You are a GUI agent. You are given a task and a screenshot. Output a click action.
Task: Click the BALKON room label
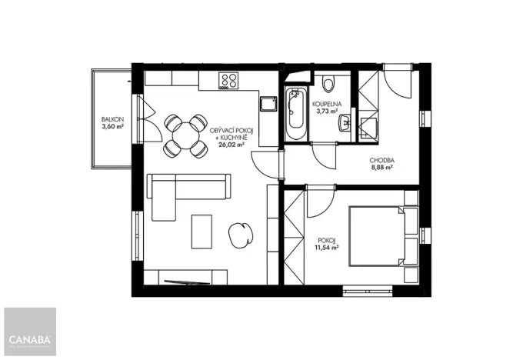tap(112, 119)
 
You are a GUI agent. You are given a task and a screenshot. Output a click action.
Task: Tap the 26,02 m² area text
tap(232, 144)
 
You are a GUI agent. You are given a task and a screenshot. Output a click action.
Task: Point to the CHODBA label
tap(381, 160)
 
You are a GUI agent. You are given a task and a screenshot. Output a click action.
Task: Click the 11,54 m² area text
tap(327, 248)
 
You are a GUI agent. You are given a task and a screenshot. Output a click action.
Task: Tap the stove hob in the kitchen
tap(228, 79)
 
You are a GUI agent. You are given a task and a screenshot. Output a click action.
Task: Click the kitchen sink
tap(268, 105)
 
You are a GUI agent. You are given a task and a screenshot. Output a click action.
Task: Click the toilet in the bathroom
tap(328, 82)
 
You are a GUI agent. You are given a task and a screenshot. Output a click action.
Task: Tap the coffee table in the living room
tap(202, 229)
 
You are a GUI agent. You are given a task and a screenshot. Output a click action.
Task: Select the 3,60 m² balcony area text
tap(112, 127)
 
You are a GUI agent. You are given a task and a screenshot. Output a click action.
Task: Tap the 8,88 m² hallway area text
tap(381, 168)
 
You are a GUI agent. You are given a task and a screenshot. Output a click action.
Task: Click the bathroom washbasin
tap(346, 122)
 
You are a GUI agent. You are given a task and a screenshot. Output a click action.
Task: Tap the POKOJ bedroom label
tap(327, 239)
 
